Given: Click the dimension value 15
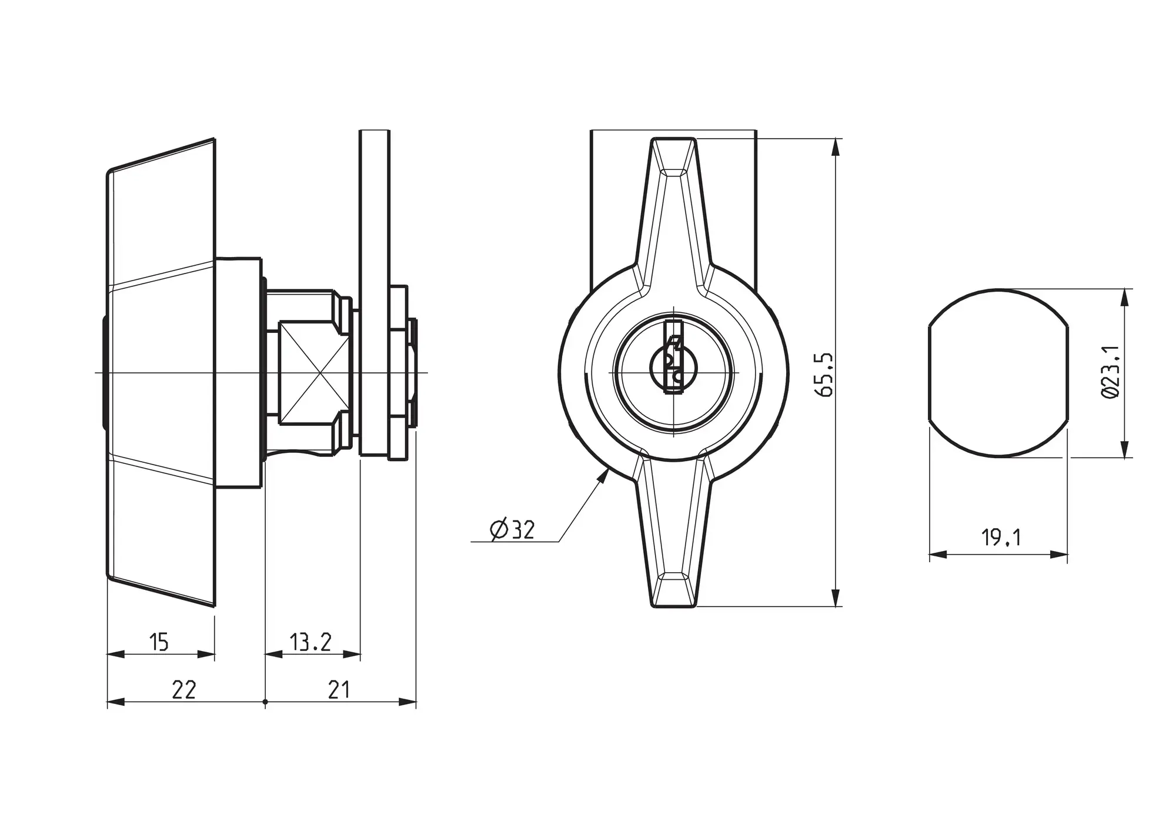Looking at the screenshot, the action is point(159,642).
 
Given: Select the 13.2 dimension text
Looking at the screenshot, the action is point(310,642).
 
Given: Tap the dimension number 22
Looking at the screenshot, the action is point(183,689).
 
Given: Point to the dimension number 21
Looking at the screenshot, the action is point(339,689).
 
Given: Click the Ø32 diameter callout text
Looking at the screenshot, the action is point(512,530).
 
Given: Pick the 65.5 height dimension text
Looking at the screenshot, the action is point(826,375).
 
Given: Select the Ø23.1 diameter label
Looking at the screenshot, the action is point(1110,373).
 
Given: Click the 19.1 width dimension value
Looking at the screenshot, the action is point(1001,537).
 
